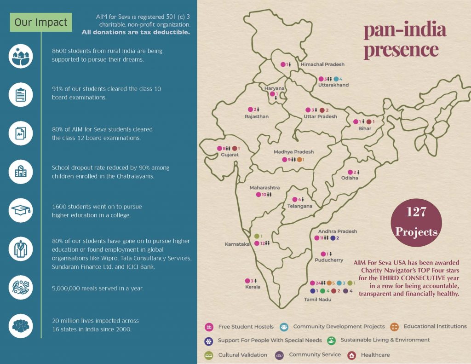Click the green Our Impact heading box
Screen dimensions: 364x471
40,22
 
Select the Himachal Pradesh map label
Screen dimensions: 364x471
322,64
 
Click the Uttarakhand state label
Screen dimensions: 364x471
333,85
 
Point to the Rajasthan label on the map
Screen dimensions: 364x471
256,117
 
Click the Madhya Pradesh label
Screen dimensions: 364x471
293,152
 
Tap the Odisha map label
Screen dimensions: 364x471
350,178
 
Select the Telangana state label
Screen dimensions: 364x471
299,206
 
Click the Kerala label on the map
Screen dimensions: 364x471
253,287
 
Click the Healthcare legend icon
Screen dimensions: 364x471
352,355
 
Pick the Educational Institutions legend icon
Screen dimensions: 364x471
395,327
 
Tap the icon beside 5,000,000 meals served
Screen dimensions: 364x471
21,288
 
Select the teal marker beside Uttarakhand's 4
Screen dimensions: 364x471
336,79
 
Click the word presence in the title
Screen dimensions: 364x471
401,50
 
